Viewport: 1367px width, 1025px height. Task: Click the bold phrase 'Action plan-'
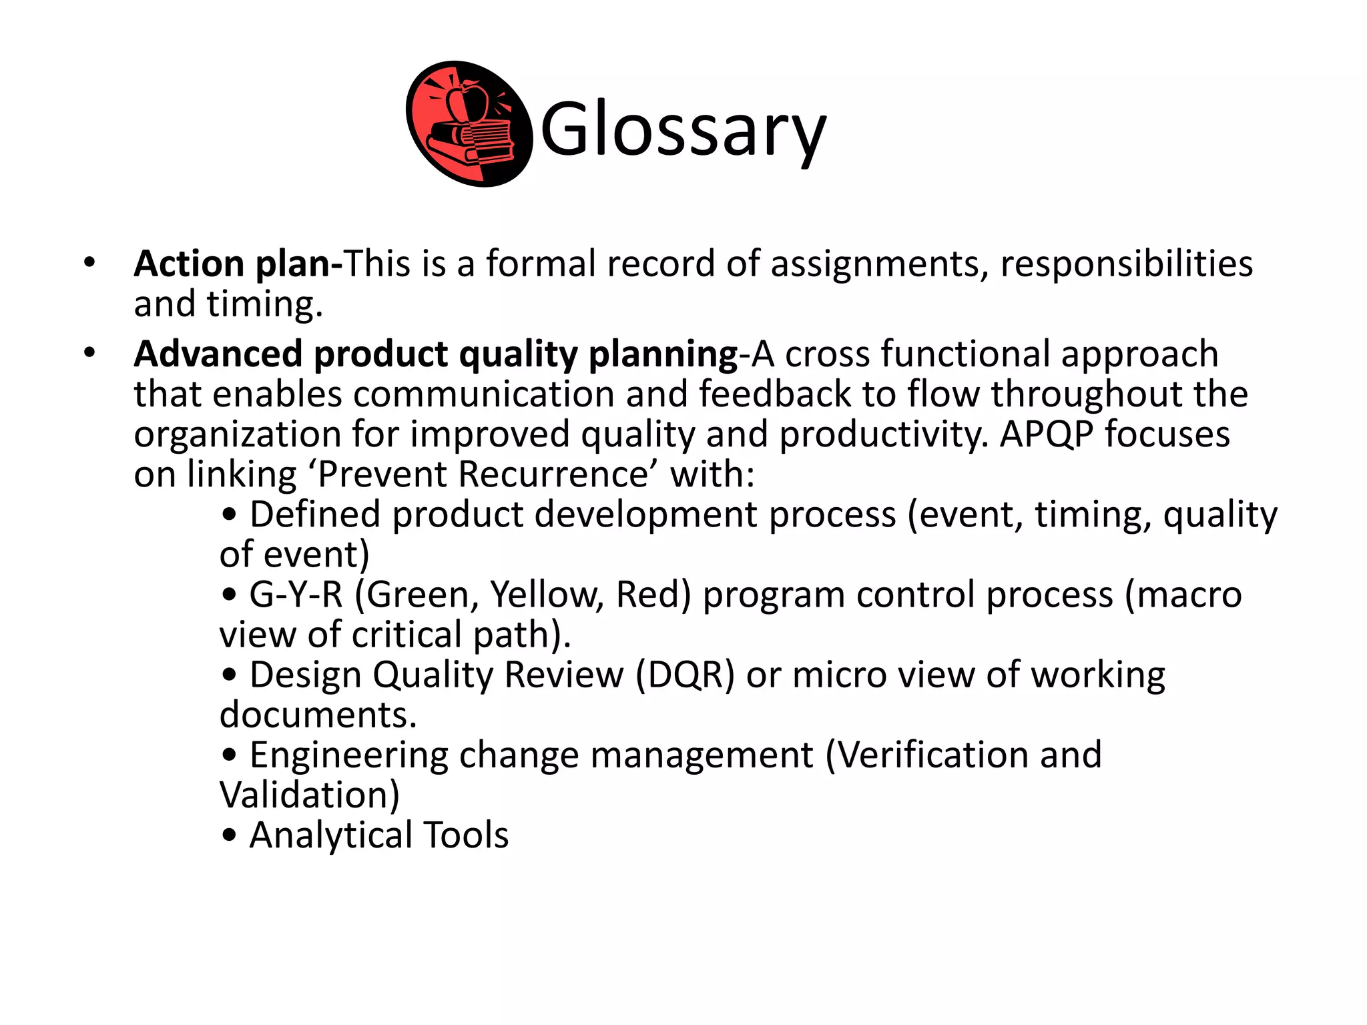(238, 264)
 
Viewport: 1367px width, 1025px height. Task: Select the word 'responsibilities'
(1126, 264)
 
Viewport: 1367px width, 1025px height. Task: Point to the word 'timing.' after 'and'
(264, 304)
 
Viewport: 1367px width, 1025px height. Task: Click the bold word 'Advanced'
(218, 354)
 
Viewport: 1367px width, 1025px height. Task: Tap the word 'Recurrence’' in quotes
(553, 474)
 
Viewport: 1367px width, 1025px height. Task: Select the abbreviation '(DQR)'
(684, 675)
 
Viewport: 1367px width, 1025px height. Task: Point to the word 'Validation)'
(309, 795)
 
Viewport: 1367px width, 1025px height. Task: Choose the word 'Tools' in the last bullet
(466, 835)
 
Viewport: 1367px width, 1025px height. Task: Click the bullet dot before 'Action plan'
(89, 262)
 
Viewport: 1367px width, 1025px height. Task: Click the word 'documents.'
(318, 715)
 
